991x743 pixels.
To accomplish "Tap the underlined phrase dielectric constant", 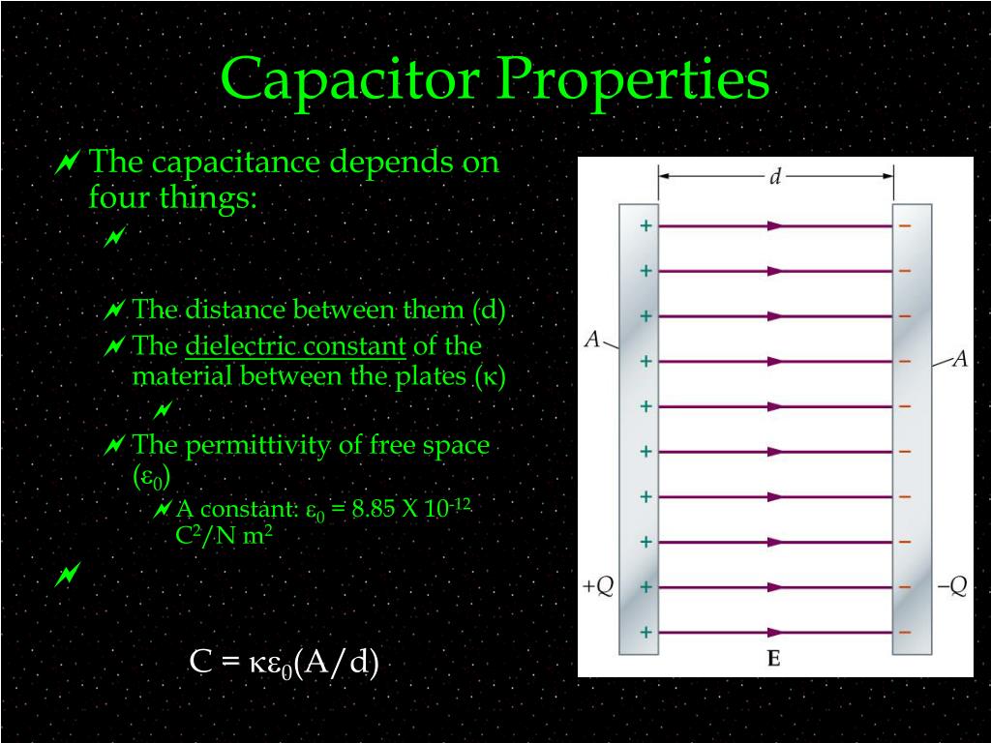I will coord(295,346).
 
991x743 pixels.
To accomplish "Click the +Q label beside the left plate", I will coord(597,587).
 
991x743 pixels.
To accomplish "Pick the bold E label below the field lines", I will coord(774,660).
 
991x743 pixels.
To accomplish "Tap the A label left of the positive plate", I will coord(592,340).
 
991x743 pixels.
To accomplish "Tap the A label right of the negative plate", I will coord(959,360).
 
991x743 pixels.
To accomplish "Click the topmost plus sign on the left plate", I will coord(646,226).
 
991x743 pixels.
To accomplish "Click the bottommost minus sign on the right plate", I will coord(905,633).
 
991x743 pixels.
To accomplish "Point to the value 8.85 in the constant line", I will coord(375,510).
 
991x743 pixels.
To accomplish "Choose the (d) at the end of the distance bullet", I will coord(490,311).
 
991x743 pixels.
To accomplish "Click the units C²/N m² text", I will coord(224,536).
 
